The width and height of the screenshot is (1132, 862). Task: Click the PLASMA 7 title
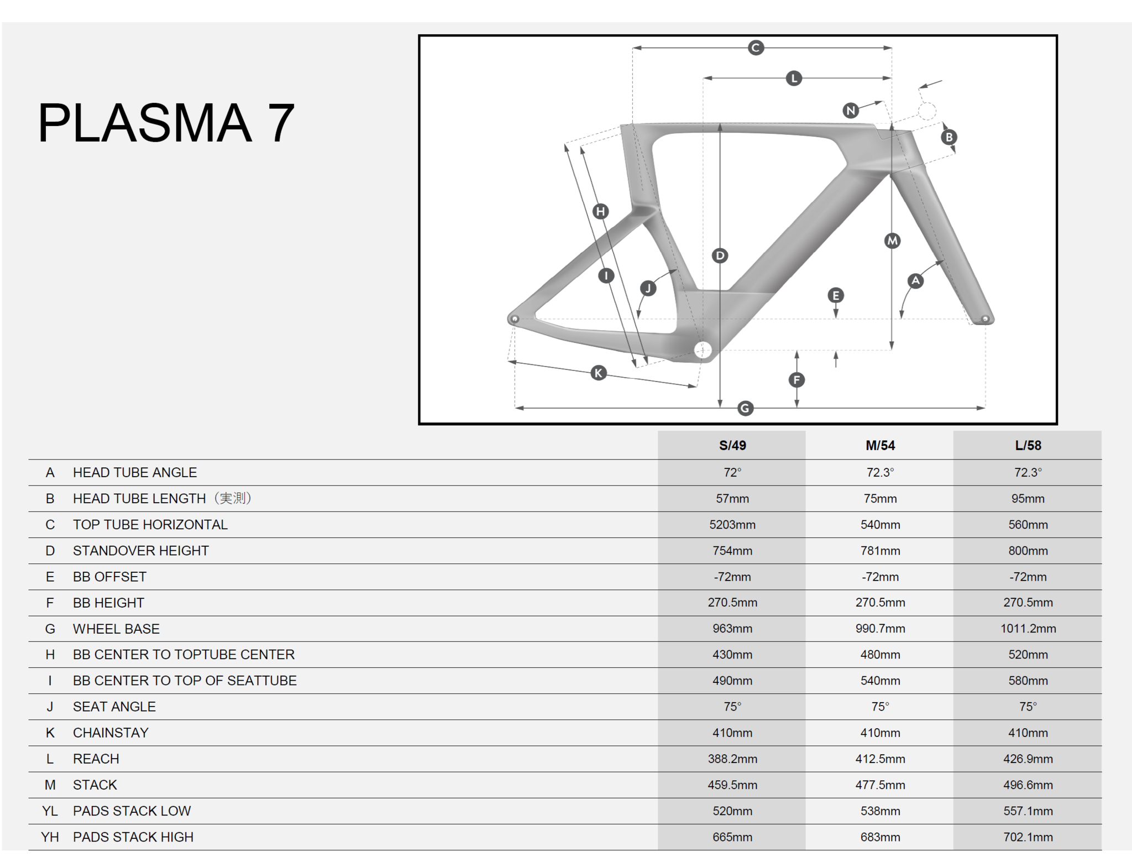tap(166, 123)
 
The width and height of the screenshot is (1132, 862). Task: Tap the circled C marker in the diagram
tap(756, 48)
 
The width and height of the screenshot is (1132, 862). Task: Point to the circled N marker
tap(851, 111)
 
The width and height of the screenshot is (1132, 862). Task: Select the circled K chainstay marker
tap(598, 373)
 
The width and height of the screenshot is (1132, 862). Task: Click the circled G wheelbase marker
tap(745, 408)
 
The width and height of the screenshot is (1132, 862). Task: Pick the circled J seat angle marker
tap(648, 288)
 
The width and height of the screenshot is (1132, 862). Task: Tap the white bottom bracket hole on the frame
tap(703, 350)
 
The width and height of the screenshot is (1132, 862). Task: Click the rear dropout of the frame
tap(515, 319)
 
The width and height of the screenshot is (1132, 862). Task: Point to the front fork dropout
tap(984, 319)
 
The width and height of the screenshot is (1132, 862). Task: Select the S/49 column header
tap(732, 446)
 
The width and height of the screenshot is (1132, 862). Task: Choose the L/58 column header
tap(1028, 446)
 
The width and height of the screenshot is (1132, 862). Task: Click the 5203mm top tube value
tap(732, 525)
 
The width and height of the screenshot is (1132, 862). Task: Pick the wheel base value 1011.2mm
tap(1028, 629)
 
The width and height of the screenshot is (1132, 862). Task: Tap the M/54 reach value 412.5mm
tap(880, 759)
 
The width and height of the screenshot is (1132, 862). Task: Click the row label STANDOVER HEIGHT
tap(141, 551)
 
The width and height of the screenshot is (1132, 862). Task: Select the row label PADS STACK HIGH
tap(133, 837)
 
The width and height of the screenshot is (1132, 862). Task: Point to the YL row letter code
tap(50, 811)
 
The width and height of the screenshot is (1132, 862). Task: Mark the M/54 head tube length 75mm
tap(880, 499)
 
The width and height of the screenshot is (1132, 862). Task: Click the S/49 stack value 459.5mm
tap(732, 785)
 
